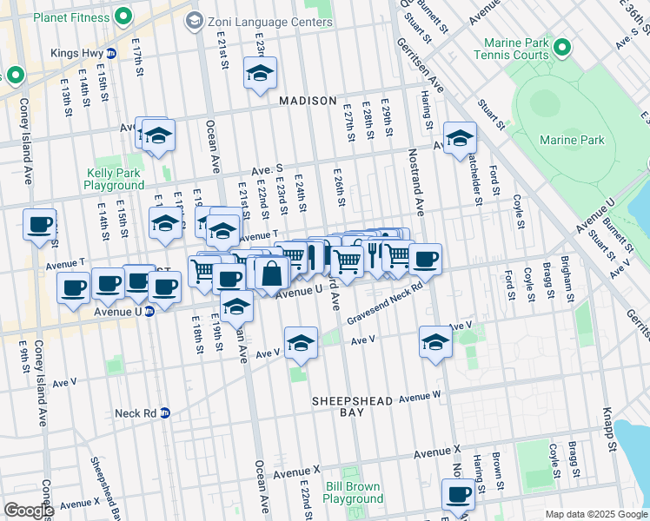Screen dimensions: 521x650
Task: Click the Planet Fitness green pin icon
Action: (123, 15)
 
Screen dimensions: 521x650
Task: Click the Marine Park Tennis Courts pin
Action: (561, 47)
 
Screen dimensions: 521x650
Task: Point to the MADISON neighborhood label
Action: (308, 101)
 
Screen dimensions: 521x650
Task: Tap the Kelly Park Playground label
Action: (114, 179)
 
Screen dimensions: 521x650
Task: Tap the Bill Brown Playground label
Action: (353, 492)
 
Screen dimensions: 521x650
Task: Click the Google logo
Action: (28, 511)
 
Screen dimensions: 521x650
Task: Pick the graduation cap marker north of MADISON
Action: (259, 74)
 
